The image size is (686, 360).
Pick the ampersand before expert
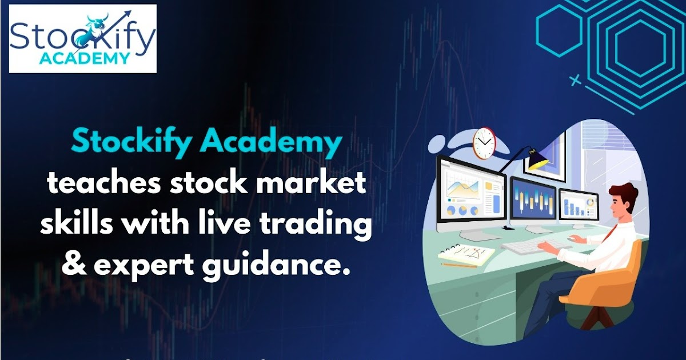point(71,265)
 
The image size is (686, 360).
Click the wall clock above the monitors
point(483,143)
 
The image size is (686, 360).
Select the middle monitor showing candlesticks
point(533,199)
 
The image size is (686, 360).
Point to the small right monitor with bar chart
point(578,205)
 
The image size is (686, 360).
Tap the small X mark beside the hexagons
point(576,81)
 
